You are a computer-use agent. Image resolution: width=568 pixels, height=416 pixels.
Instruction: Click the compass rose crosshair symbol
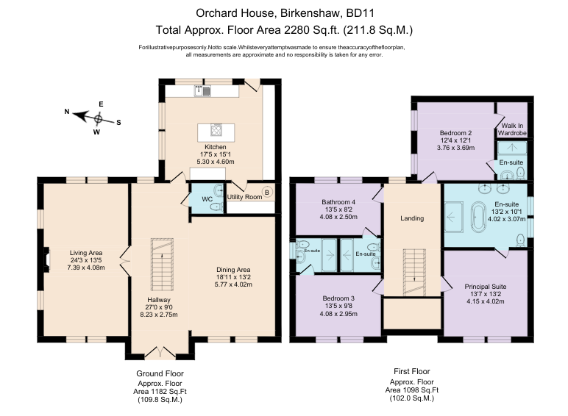click(x=98, y=118)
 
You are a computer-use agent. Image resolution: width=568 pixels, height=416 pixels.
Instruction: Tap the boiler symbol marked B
click(x=267, y=193)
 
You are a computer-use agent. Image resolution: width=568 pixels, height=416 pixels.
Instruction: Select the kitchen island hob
click(x=216, y=130)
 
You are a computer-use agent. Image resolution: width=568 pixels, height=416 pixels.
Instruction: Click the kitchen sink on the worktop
click(x=202, y=91)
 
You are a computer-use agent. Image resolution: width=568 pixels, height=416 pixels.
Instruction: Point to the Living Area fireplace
click(x=46, y=259)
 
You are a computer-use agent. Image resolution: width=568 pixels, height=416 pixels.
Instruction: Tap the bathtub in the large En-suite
click(x=478, y=217)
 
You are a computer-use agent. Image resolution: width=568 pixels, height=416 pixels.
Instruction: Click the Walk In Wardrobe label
click(x=512, y=129)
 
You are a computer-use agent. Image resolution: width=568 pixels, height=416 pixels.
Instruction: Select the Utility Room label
click(x=244, y=197)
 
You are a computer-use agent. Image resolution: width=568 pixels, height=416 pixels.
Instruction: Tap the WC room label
click(x=207, y=199)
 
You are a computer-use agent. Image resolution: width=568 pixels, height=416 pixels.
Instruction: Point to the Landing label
click(x=412, y=218)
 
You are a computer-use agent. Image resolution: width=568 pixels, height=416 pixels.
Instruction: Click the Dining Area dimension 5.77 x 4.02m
click(x=233, y=284)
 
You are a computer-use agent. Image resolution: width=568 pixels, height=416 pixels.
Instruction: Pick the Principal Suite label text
click(x=486, y=287)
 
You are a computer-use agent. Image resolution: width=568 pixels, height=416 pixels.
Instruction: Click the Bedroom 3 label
click(x=338, y=298)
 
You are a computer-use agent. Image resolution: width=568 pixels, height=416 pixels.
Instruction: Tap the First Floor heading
click(x=412, y=371)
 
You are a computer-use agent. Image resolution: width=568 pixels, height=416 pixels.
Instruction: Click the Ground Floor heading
click(x=160, y=373)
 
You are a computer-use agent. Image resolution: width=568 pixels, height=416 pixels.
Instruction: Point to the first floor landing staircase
click(x=414, y=273)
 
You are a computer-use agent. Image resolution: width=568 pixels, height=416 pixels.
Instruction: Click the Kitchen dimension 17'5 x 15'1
click(x=216, y=154)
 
